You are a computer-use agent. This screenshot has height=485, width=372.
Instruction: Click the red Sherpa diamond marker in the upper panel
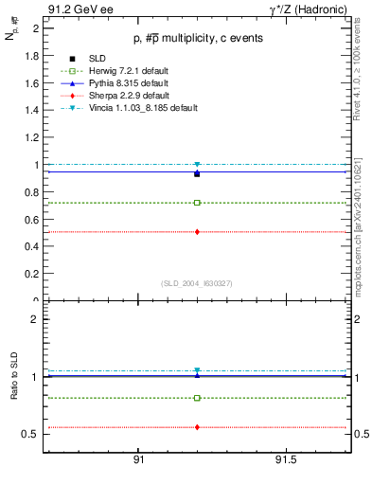coord(197,231)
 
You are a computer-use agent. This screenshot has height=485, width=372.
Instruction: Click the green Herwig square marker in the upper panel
coord(197,203)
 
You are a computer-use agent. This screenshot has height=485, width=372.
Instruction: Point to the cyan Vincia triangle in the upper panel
coord(197,165)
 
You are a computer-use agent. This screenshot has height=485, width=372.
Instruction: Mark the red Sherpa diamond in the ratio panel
coord(197,427)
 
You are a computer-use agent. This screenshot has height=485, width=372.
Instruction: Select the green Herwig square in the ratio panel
coord(197,398)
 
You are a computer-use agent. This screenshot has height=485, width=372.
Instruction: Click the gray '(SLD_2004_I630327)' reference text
coord(197,282)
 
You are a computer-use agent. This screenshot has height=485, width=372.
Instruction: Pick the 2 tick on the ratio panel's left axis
coord(35,319)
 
